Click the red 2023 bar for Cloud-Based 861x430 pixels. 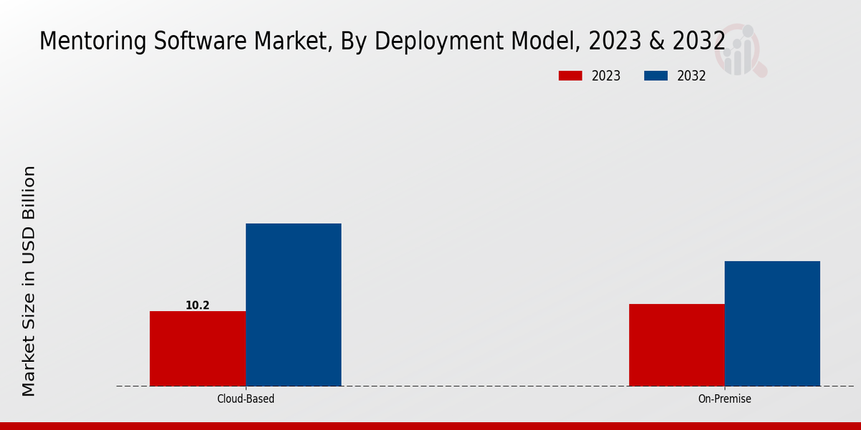[x=197, y=348]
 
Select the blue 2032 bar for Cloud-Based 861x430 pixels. [x=293, y=305]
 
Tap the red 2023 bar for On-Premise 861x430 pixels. [x=677, y=345]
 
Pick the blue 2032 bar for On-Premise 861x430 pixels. [x=772, y=323]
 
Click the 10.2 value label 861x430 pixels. [x=197, y=305]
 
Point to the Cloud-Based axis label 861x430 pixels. [x=245, y=398]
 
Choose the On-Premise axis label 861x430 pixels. [x=725, y=398]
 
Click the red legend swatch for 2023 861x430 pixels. [x=570, y=76]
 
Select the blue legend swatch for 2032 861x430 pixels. [x=657, y=76]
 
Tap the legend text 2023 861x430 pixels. [x=606, y=76]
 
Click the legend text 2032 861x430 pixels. [x=692, y=76]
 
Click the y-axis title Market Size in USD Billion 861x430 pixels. [x=29, y=281]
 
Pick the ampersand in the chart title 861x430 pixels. [x=657, y=42]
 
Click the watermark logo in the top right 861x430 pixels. [x=743, y=50]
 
